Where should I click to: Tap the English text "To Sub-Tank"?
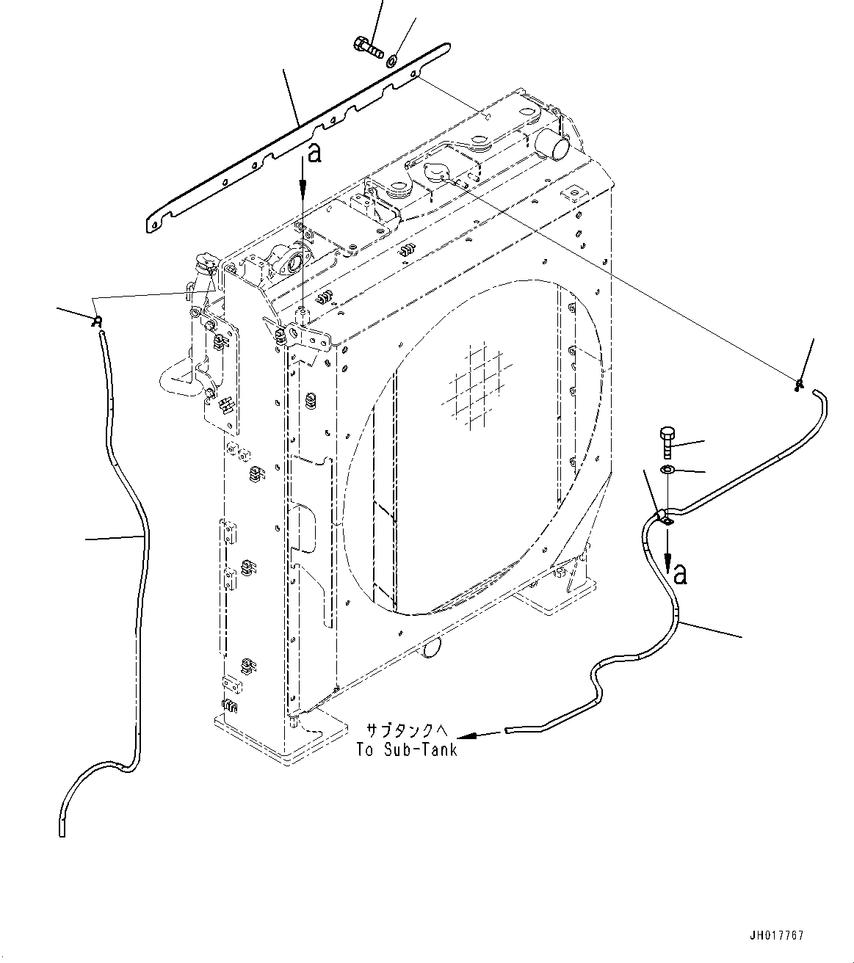406,749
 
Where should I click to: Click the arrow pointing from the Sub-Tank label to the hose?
477,734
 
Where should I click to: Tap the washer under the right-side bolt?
667,470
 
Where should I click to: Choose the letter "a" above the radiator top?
314,153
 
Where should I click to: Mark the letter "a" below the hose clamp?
680,574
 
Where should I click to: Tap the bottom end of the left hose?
61,829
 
